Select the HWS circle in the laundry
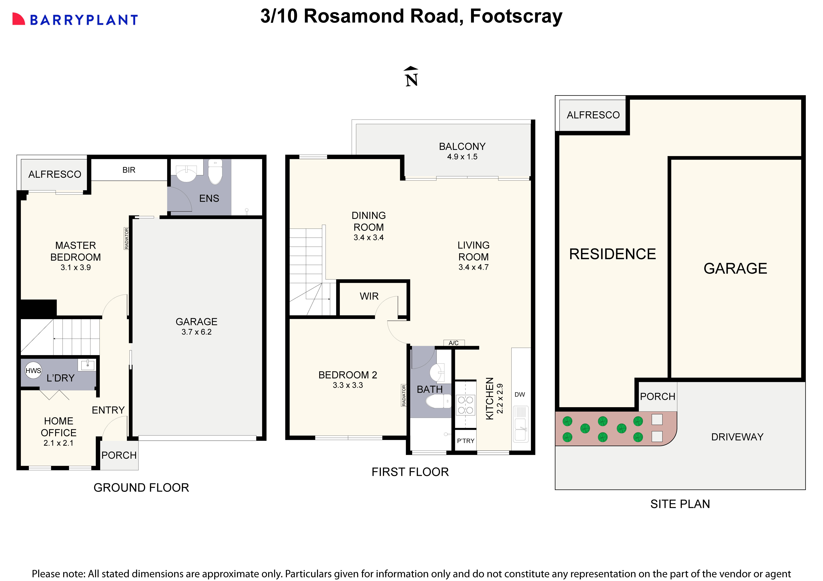coord(33,370)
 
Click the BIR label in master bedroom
coord(129,170)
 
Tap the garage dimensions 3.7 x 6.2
coord(196,332)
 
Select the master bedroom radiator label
coord(126,238)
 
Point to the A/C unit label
coord(453,343)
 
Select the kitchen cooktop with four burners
coord(465,405)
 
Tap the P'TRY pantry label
coord(465,441)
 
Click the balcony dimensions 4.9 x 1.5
coord(462,157)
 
